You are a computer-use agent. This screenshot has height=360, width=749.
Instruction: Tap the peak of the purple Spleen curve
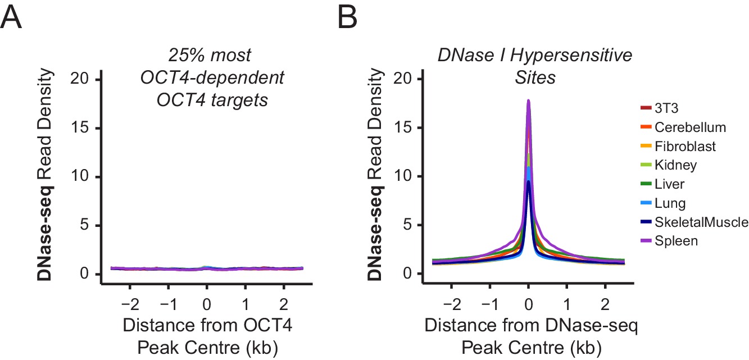pos(528,101)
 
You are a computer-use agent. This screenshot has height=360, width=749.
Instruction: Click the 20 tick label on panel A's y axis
pos(80,79)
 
